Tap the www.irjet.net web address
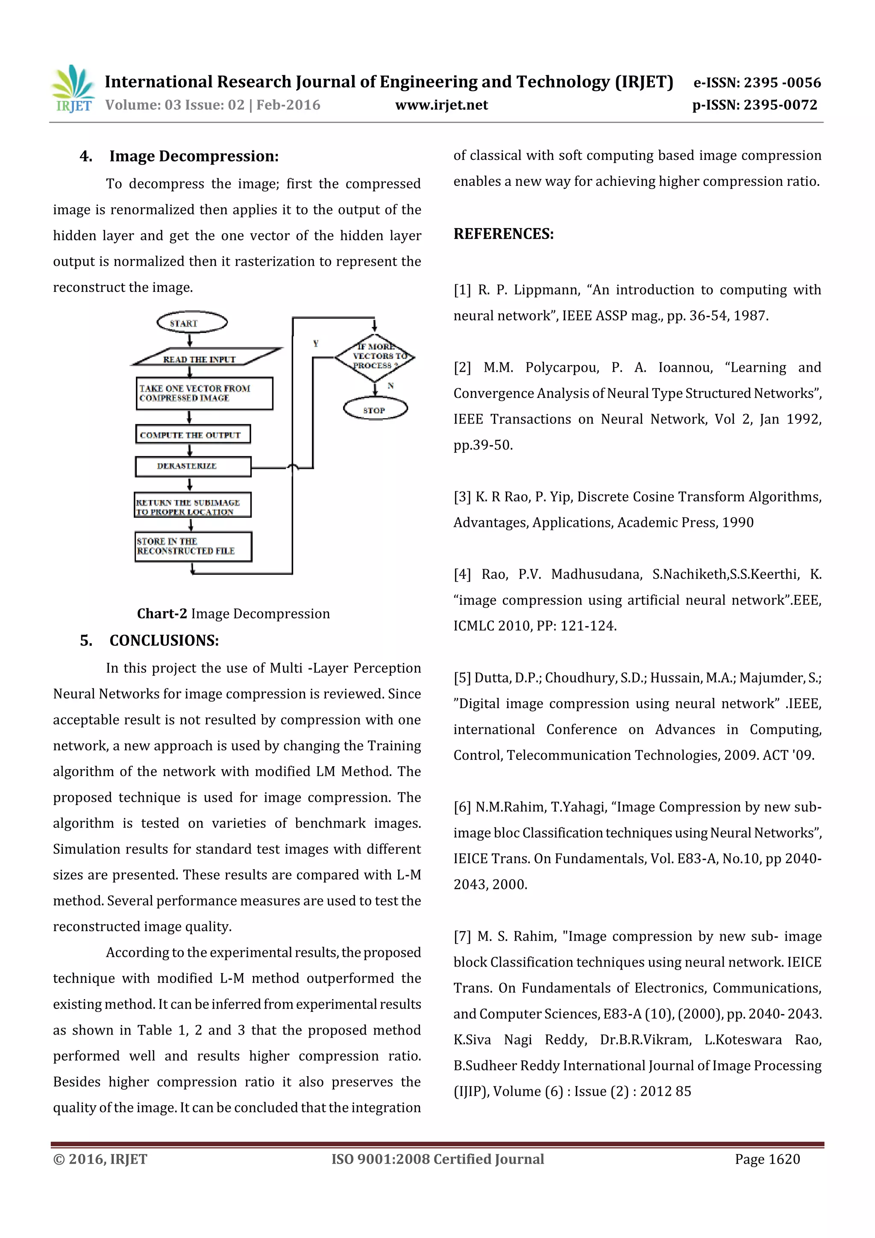[441, 105]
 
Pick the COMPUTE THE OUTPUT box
[192, 435]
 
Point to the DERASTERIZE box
[192, 466]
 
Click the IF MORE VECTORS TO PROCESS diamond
[375, 356]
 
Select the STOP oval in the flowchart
[375, 409]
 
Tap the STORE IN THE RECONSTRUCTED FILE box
[193, 546]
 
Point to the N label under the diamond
[391, 385]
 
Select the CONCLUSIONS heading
[164, 641]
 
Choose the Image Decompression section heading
[194, 156]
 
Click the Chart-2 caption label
[162, 614]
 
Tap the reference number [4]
[462, 574]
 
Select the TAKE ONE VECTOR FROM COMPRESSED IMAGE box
[204, 393]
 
